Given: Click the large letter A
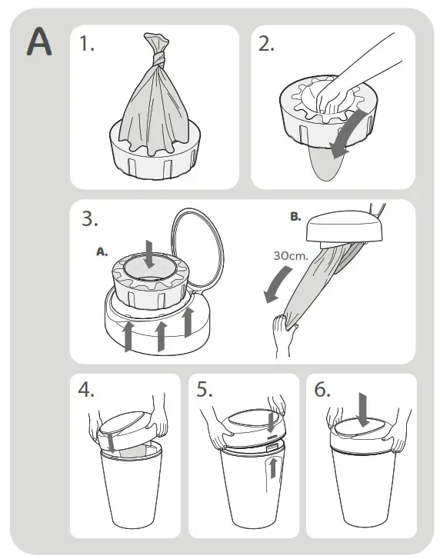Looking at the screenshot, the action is point(39,42).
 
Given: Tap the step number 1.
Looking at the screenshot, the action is point(87,44).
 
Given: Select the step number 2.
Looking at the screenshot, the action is point(266,44).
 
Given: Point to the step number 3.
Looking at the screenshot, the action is point(89,218).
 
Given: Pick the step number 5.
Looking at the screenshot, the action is point(205,389).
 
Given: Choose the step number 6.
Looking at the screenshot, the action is point(322,389).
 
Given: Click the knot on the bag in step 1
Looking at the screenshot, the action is point(158,58).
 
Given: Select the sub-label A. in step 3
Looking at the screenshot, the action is point(102,252).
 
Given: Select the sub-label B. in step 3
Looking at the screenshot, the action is point(295,216).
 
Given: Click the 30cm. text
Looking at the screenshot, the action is point(291,255).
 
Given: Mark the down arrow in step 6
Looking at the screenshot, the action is point(364,410).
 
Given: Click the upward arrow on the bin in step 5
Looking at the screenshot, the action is point(273,468).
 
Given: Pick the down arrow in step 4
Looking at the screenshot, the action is point(112,443).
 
